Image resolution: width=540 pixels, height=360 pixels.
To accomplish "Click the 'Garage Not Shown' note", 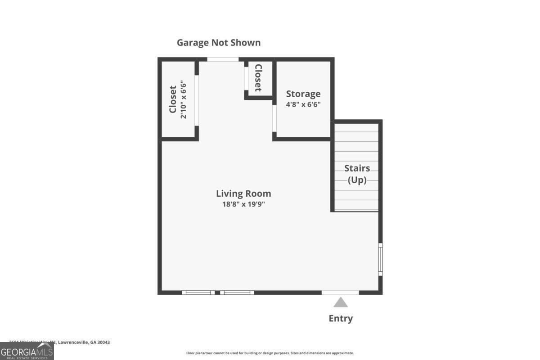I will (x=218, y=43).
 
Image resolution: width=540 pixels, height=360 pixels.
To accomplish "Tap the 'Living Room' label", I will (x=243, y=193).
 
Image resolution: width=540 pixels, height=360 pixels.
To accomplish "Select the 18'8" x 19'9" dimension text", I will (x=243, y=204).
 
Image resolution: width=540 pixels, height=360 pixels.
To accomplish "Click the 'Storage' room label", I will (x=303, y=94).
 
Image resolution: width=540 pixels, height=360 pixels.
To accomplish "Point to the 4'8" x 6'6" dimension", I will (x=303, y=104).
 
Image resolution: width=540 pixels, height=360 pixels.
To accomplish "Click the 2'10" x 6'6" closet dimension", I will (x=183, y=99).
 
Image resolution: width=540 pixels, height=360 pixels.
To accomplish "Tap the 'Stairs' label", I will (x=357, y=168).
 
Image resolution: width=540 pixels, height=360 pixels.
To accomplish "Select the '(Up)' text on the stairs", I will (x=357, y=180).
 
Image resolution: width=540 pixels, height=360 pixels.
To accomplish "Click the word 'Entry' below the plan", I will (x=341, y=319).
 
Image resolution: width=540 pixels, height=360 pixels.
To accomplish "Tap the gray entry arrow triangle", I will (x=341, y=302).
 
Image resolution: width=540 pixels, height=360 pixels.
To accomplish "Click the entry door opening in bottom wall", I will (x=340, y=292).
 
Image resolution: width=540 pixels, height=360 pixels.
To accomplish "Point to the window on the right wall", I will (x=380, y=259).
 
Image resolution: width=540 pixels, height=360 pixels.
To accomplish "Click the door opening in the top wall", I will (x=223, y=59).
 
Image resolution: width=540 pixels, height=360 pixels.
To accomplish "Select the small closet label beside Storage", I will (x=258, y=77).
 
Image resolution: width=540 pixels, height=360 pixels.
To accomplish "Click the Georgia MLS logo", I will (x=27, y=351).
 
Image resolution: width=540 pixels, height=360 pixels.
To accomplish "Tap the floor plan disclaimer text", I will (x=270, y=353).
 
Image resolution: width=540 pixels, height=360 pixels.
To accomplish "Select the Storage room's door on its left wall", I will (x=274, y=118).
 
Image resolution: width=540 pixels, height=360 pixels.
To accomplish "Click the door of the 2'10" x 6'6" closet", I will (x=197, y=100).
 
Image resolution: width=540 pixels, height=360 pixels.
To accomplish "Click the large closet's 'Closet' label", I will (x=172, y=99).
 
